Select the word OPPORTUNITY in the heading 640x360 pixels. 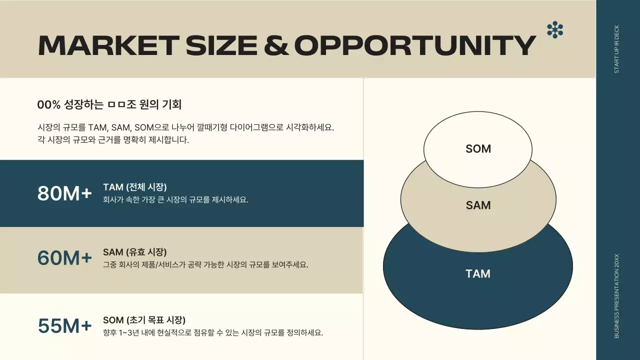coord(415,45)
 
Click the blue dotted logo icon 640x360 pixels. coord(555,30)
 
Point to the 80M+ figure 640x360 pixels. coord(64,194)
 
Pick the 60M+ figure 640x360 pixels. coord(64,258)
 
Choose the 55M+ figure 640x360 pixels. coord(64,326)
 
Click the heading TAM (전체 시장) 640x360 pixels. coord(135,187)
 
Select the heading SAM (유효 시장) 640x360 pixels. coord(135,252)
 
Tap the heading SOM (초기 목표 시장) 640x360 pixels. coord(144,320)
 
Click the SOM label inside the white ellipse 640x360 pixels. coord(478,149)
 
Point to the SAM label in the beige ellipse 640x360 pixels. coord(478,205)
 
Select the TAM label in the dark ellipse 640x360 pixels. coord(478,274)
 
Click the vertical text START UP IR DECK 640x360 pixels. coord(616,49)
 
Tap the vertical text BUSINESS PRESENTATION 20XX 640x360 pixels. coord(616,295)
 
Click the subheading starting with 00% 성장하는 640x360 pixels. coord(109,105)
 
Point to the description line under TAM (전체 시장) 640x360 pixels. coord(175,200)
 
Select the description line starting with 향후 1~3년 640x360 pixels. coord(213,333)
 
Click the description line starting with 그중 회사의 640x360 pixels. coord(205,265)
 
